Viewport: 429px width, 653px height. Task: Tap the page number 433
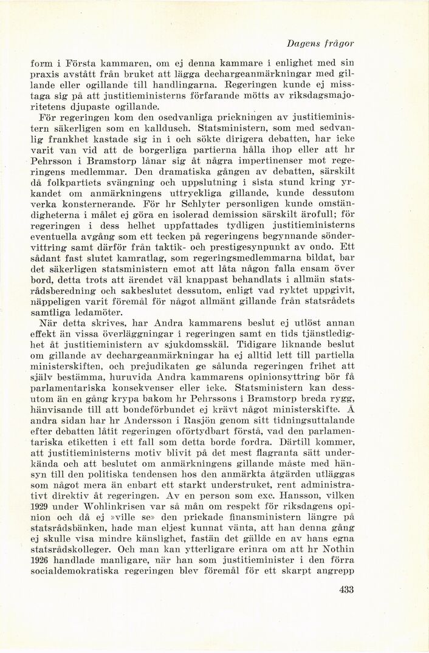pyautogui.click(x=344, y=588)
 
